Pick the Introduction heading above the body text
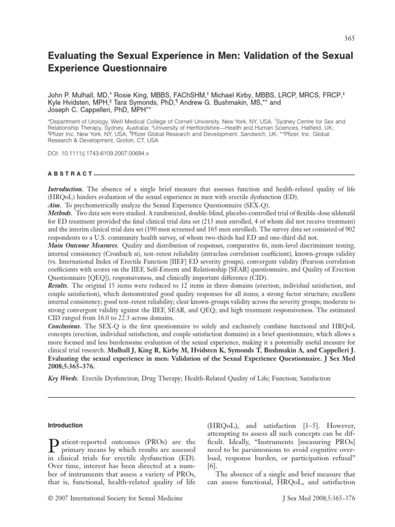pos(65,426)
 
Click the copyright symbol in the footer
pos(50,499)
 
